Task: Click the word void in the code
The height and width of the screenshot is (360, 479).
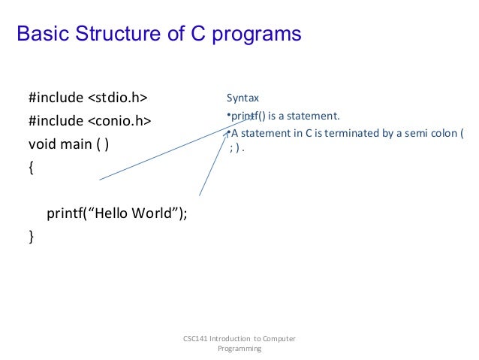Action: (x=42, y=144)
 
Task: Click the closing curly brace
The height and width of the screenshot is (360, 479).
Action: (x=31, y=236)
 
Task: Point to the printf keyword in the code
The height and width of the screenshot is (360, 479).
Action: (x=65, y=213)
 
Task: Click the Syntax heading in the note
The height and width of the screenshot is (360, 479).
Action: (x=243, y=98)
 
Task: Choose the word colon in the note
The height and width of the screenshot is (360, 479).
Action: (x=441, y=134)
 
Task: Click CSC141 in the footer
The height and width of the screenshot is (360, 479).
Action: (x=196, y=339)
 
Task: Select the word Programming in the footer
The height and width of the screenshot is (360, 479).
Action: (x=239, y=349)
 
